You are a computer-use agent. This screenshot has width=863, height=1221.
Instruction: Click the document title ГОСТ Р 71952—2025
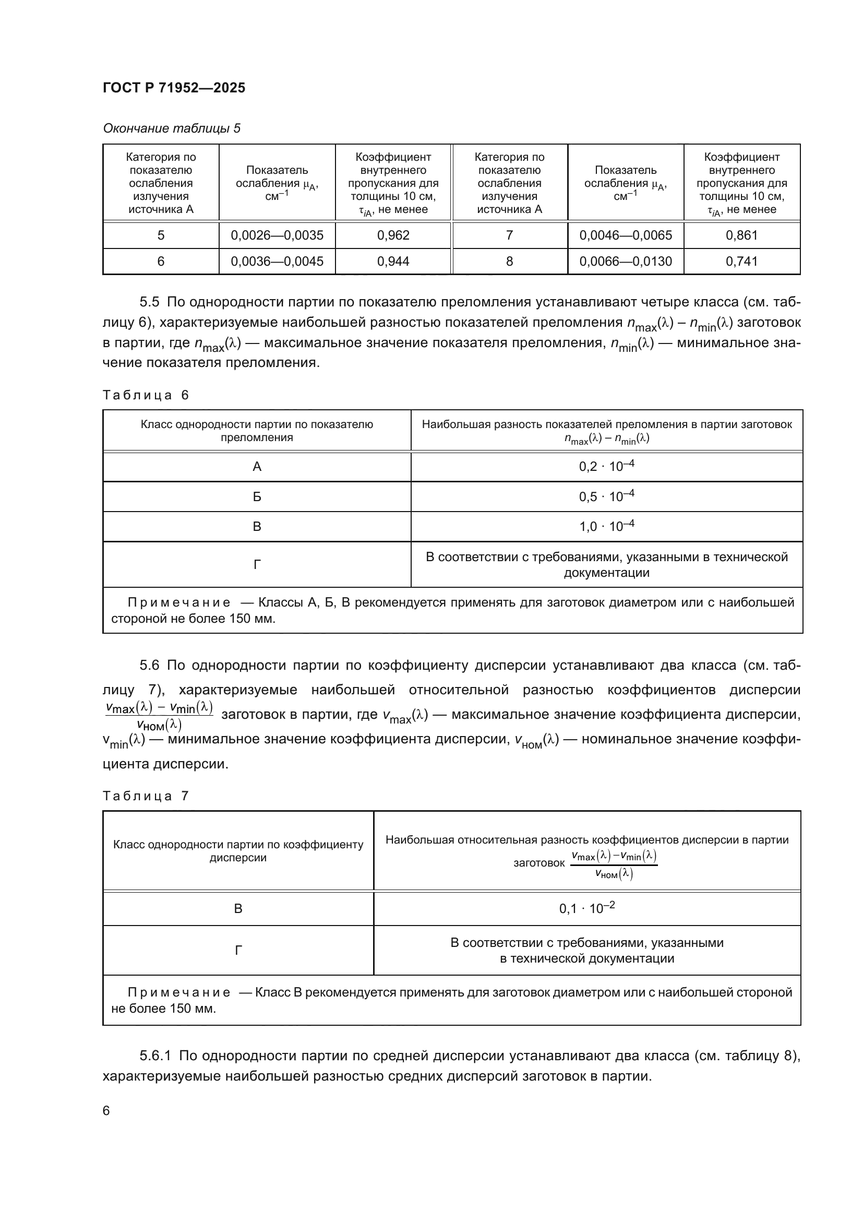pos(174,88)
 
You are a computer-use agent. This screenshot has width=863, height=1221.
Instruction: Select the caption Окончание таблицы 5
pos(171,128)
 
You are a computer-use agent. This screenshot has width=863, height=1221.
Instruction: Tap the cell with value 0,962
pos(393,235)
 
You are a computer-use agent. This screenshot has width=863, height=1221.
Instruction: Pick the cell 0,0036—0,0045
pos(277,261)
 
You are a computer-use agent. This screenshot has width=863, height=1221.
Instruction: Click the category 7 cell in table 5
pos(509,235)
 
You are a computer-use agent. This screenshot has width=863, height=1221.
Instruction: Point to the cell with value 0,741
pos(741,261)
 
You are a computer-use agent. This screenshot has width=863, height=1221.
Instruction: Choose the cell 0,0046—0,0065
pos(626,235)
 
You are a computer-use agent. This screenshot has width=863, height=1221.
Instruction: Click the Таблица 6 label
pos(146,395)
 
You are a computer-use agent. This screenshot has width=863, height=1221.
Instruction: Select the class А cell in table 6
pos(257,467)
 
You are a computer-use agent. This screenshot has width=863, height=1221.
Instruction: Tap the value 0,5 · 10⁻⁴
pos(606,496)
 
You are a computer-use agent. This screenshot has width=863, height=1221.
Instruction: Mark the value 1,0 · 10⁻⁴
pos(606,527)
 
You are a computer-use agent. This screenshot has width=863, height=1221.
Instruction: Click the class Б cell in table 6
pos(257,496)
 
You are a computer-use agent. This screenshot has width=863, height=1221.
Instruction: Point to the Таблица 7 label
pos(146,796)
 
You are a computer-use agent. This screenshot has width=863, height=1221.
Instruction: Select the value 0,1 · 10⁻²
pos(586,908)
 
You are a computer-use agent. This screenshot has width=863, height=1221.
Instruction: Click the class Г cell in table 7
pos(238,950)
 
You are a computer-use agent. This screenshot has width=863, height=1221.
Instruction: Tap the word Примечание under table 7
pos(179,992)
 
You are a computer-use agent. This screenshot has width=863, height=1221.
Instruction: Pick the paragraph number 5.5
pos(149,302)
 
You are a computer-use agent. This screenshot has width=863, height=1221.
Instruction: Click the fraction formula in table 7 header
pos(614,864)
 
